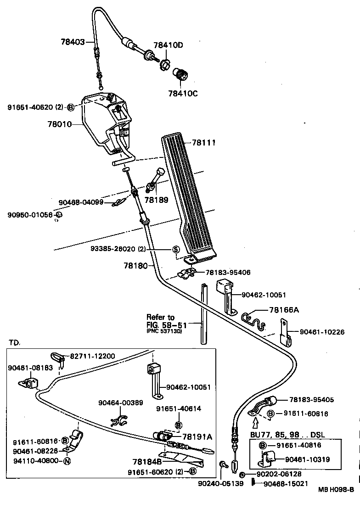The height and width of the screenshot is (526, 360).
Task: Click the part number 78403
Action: [73, 42]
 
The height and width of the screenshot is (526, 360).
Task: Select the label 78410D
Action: [168, 45]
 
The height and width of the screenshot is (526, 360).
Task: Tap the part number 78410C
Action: [182, 93]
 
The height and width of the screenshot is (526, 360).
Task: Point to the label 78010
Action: [60, 124]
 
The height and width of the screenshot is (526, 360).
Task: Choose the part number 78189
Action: [156, 200]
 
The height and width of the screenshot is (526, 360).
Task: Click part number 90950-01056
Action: [30, 215]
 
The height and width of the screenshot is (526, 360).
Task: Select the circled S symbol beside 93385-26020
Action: [175, 249]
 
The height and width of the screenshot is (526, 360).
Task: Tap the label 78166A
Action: [284, 310]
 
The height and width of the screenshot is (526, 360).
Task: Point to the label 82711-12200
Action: [92, 356]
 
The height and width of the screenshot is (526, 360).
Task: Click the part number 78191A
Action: [197, 437]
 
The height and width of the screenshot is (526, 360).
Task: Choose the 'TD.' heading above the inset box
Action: [15, 342]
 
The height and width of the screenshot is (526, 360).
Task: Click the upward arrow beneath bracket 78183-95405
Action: [256, 419]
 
